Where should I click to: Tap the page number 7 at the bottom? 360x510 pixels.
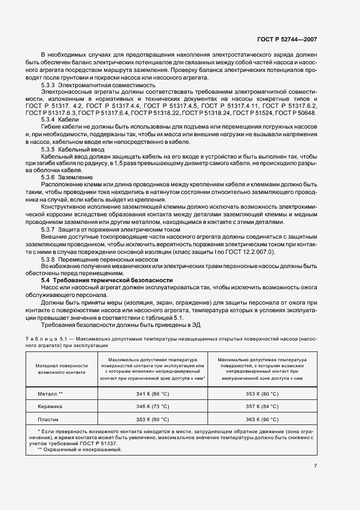pos(315,466)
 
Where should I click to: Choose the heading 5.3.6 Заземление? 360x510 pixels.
pos(67,178)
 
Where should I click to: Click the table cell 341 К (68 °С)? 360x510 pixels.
pos(152,393)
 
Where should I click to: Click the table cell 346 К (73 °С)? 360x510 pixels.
pos(152,406)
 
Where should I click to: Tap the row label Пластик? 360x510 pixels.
pos(48,420)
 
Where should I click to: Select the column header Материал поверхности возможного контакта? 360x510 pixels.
pos(62,369)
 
